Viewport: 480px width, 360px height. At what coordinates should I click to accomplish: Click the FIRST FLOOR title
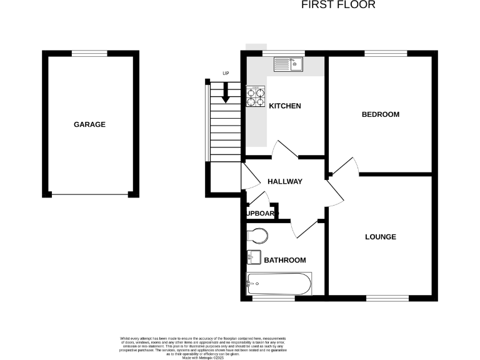[338, 5]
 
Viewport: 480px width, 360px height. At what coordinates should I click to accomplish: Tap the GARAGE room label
[90, 124]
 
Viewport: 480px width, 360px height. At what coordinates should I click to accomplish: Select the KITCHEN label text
[285, 106]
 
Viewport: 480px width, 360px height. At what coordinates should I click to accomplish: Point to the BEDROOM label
[381, 114]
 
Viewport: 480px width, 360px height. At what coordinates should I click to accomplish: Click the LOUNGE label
[381, 237]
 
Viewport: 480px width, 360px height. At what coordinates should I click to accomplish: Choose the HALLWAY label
[285, 182]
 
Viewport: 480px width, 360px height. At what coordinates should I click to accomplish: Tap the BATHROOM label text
[285, 260]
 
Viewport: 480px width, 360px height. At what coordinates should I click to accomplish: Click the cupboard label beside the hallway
[261, 213]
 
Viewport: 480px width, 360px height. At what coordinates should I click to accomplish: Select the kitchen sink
[288, 63]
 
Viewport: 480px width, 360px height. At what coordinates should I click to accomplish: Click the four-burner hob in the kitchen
[255, 96]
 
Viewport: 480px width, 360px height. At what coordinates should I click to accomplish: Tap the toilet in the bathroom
[257, 236]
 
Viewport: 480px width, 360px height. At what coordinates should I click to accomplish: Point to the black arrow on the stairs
[226, 93]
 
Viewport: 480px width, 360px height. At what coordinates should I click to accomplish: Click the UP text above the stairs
[226, 74]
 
